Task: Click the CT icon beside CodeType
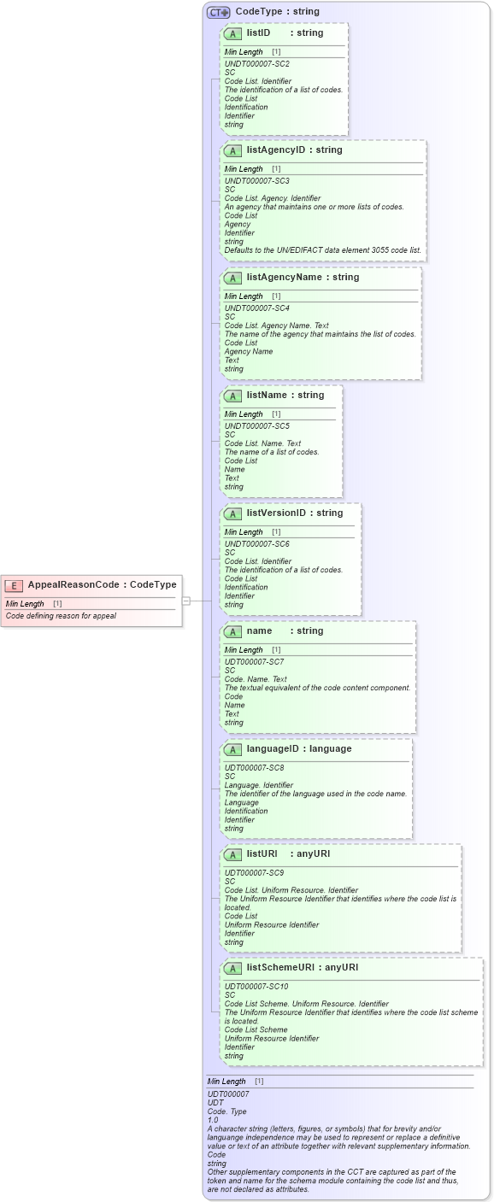[219, 12]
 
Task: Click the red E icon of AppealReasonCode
[14, 585]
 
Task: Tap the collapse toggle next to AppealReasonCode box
[185, 601]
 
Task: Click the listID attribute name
[258, 32]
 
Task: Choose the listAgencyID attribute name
[275, 150]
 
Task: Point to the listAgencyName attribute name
[282, 277]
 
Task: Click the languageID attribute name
[274, 748]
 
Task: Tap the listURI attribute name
[262, 853]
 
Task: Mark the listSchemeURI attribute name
[279, 967]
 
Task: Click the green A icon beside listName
[232, 396]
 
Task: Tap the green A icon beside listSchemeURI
[232, 968]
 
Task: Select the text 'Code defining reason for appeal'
[61, 616]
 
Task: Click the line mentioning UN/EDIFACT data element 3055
[322, 249]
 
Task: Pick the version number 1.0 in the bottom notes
[213, 1119]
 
